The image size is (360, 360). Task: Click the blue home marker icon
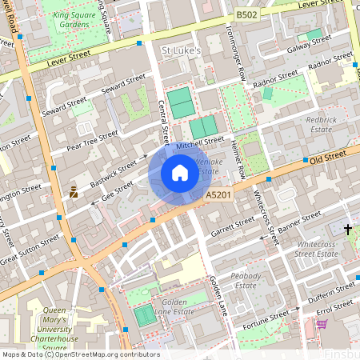pyautogui.click(x=180, y=172)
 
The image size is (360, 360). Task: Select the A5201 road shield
pyautogui.click(x=218, y=194)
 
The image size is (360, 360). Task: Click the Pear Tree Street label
pyautogui.click(x=92, y=139)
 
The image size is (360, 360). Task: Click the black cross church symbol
pyautogui.click(x=347, y=229)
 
